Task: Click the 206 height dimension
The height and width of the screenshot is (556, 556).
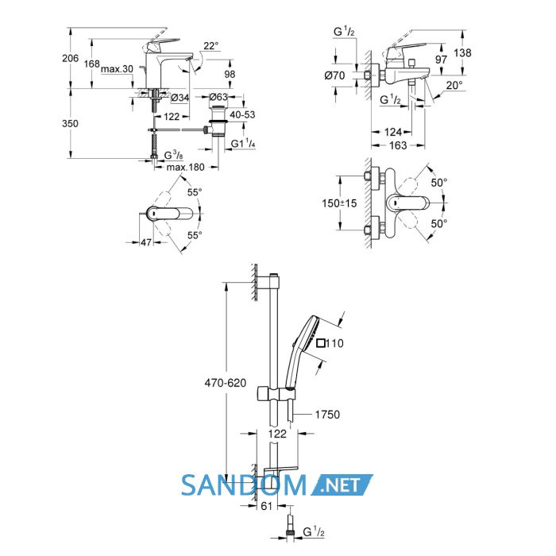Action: point(70,58)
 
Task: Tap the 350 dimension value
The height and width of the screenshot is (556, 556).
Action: point(70,124)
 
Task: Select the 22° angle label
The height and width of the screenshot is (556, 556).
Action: point(211,46)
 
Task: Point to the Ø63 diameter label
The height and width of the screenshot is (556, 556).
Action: point(218,97)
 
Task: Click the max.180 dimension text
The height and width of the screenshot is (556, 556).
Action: point(185,167)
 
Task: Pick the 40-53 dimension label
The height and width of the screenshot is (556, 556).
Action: point(242,115)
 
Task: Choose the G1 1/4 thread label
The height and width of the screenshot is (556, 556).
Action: point(243,144)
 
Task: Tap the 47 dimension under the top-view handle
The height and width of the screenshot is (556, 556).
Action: point(146,242)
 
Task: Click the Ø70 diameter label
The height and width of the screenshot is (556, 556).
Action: point(334,75)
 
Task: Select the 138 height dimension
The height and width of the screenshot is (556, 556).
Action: point(463,53)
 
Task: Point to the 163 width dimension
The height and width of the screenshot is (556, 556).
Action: point(398,145)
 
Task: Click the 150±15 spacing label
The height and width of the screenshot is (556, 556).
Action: point(339,203)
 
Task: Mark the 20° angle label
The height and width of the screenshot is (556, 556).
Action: point(454,86)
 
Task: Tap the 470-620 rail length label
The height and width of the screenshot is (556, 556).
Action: point(226,383)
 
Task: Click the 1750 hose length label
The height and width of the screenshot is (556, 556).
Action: point(327,414)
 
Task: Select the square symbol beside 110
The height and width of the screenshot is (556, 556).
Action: point(321,343)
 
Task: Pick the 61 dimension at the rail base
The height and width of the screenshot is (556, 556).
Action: point(266,506)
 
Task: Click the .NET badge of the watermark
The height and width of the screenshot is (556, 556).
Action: point(342,485)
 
